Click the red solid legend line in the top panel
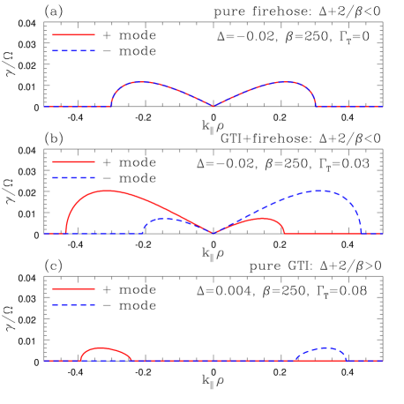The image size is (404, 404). (x=73, y=35)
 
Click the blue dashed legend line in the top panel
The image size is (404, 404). (x=73, y=51)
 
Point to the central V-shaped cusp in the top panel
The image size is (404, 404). (x=213, y=106)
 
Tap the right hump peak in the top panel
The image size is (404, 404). (x=285, y=82)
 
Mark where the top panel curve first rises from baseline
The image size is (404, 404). (x=111, y=106)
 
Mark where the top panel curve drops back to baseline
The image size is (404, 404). (x=316, y=106)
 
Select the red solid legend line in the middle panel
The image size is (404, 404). (x=73, y=162)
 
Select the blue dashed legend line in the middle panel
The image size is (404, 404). (x=73, y=178)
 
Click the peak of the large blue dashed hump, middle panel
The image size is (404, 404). (x=319, y=191)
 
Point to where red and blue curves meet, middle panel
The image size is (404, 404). (x=213, y=233)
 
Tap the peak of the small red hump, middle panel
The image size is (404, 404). (x=261, y=218)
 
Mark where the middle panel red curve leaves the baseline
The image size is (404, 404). (x=66, y=233)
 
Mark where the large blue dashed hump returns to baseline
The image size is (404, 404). (x=361, y=233)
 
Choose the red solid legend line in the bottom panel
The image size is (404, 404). (x=73, y=288)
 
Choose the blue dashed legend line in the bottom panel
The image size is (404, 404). (x=73, y=304)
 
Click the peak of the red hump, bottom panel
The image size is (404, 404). (x=101, y=348)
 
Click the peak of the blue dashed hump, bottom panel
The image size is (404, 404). (x=325, y=348)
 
